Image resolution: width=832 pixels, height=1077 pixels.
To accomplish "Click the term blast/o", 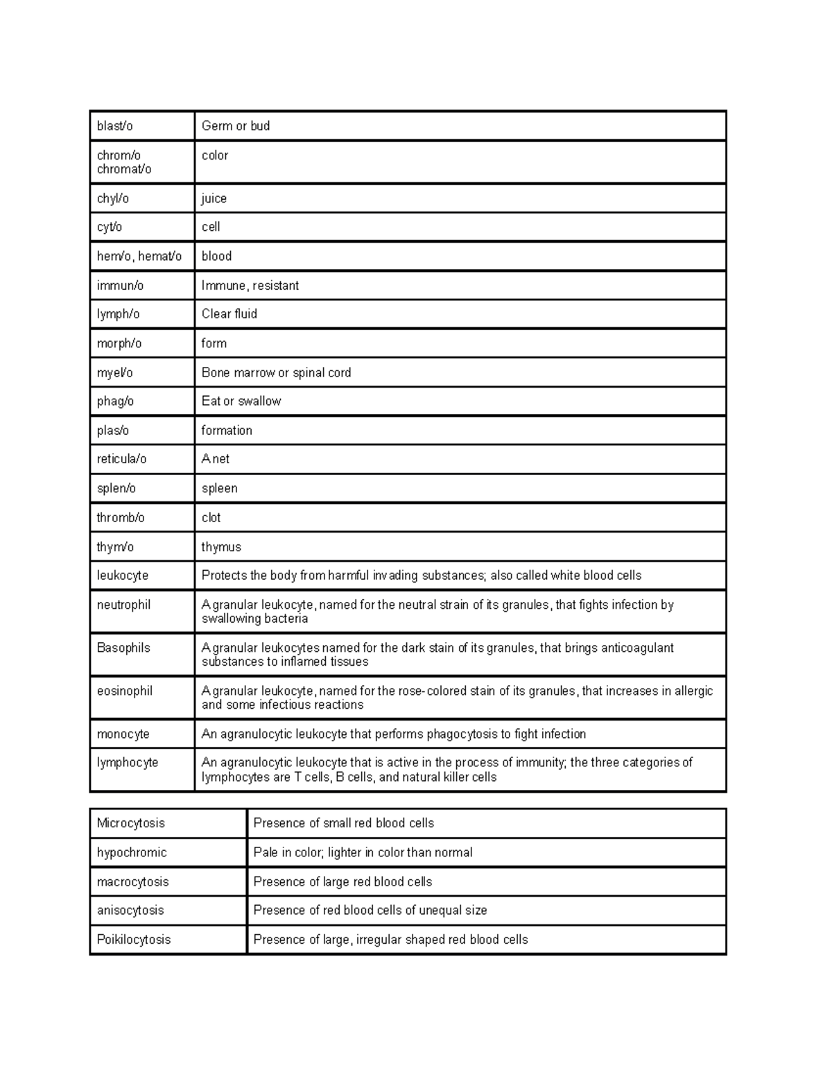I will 114,126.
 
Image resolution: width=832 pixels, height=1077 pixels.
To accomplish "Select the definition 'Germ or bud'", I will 235,126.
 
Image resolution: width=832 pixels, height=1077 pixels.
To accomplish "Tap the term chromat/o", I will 123,169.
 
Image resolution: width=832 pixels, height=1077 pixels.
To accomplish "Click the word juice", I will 214,198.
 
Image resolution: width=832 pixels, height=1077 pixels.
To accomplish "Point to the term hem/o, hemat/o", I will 139,256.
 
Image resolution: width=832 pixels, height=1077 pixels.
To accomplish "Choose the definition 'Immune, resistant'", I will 250,286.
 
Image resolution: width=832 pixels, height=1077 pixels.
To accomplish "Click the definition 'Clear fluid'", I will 229,314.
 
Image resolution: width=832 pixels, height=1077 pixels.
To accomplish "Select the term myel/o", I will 114,372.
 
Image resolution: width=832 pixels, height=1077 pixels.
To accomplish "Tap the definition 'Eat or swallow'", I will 241,401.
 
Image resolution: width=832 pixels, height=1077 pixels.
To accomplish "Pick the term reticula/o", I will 121,459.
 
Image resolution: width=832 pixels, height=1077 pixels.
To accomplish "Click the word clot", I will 211,517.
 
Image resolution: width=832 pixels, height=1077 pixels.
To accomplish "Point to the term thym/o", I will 115,546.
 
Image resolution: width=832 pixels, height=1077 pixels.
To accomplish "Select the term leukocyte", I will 122,576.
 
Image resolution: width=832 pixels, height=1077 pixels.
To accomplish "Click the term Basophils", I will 123,648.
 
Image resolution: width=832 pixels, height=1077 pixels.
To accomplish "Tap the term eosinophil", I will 124,691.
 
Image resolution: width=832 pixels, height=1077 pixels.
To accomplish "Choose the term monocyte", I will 123,734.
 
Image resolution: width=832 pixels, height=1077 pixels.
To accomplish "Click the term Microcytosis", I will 130,823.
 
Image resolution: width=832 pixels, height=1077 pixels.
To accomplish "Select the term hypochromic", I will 132,852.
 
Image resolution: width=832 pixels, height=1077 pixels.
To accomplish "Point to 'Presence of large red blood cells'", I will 343,881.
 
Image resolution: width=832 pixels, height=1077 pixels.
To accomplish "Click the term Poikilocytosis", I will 133,940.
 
